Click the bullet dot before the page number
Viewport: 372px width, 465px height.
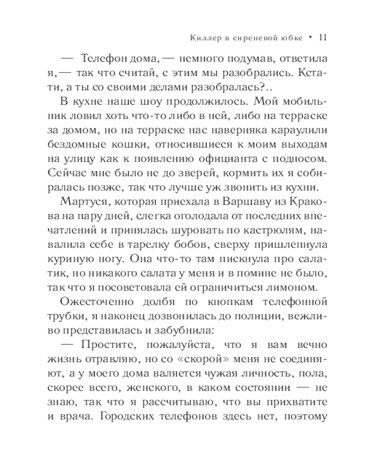(310, 37)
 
